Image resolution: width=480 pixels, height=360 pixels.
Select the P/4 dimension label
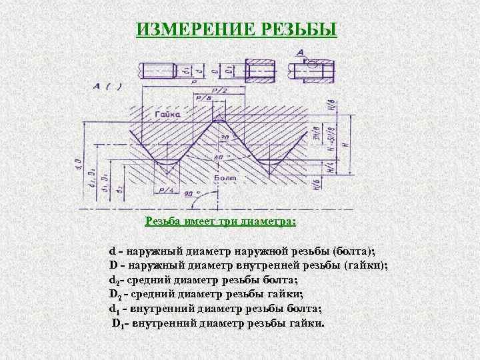click(167, 190)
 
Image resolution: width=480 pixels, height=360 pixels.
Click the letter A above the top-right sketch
click(301, 52)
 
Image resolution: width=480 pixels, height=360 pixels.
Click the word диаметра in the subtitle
click(270, 221)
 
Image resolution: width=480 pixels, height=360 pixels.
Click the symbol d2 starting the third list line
click(114, 280)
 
